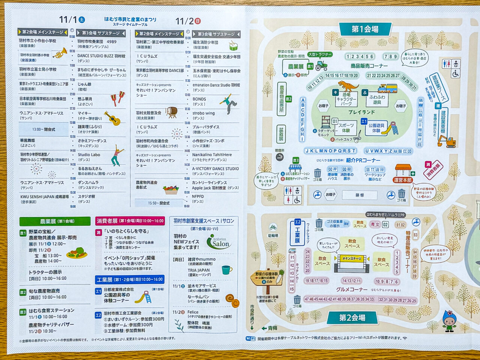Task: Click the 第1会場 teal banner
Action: [365, 29]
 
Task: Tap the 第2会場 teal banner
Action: [352, 318]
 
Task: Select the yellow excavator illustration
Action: [446, 141]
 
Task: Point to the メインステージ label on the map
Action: [351, 258]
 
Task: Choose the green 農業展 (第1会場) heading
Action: [55, 221]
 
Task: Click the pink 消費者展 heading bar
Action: [130, 221]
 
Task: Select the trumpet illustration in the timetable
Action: [60, 54]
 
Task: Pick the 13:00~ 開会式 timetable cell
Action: [43, 129]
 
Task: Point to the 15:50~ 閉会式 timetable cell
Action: [159, 203]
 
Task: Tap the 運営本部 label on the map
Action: [403, 180]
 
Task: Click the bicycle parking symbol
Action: [273, 227]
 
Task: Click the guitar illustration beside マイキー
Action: [112, 118]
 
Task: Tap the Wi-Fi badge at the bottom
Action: [250, 339]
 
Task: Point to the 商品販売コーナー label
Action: [369, 66]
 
